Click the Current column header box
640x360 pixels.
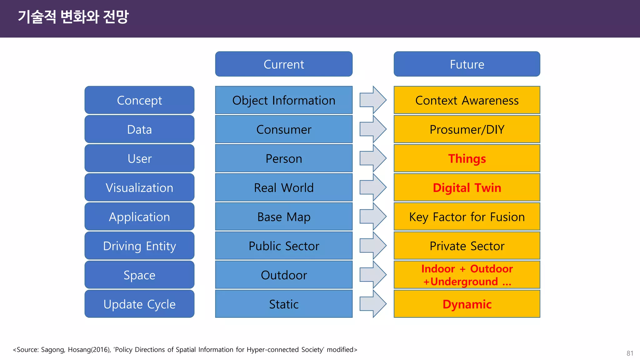[284, 64]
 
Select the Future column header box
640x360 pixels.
[467, 64]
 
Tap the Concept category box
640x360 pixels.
[139, 100]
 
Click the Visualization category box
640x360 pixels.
[139, 187]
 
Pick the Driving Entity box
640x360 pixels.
[139, 246]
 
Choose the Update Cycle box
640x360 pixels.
[139, 304]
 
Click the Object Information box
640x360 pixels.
[284, 100]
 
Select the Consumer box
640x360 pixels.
[284, 129]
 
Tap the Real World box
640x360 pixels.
[284, 187]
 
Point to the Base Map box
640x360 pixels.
[284, 217]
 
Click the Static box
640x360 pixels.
[284, 304]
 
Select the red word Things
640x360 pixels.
[467, 158]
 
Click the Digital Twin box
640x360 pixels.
[467, 187]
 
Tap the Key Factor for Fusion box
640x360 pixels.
[467, 217]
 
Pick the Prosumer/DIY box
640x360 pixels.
[467, 129]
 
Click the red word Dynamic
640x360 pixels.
[467, 304]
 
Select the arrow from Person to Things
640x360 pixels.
[373, 158]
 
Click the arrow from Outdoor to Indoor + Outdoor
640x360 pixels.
[373, 275]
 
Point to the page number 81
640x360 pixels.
[630, 353]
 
